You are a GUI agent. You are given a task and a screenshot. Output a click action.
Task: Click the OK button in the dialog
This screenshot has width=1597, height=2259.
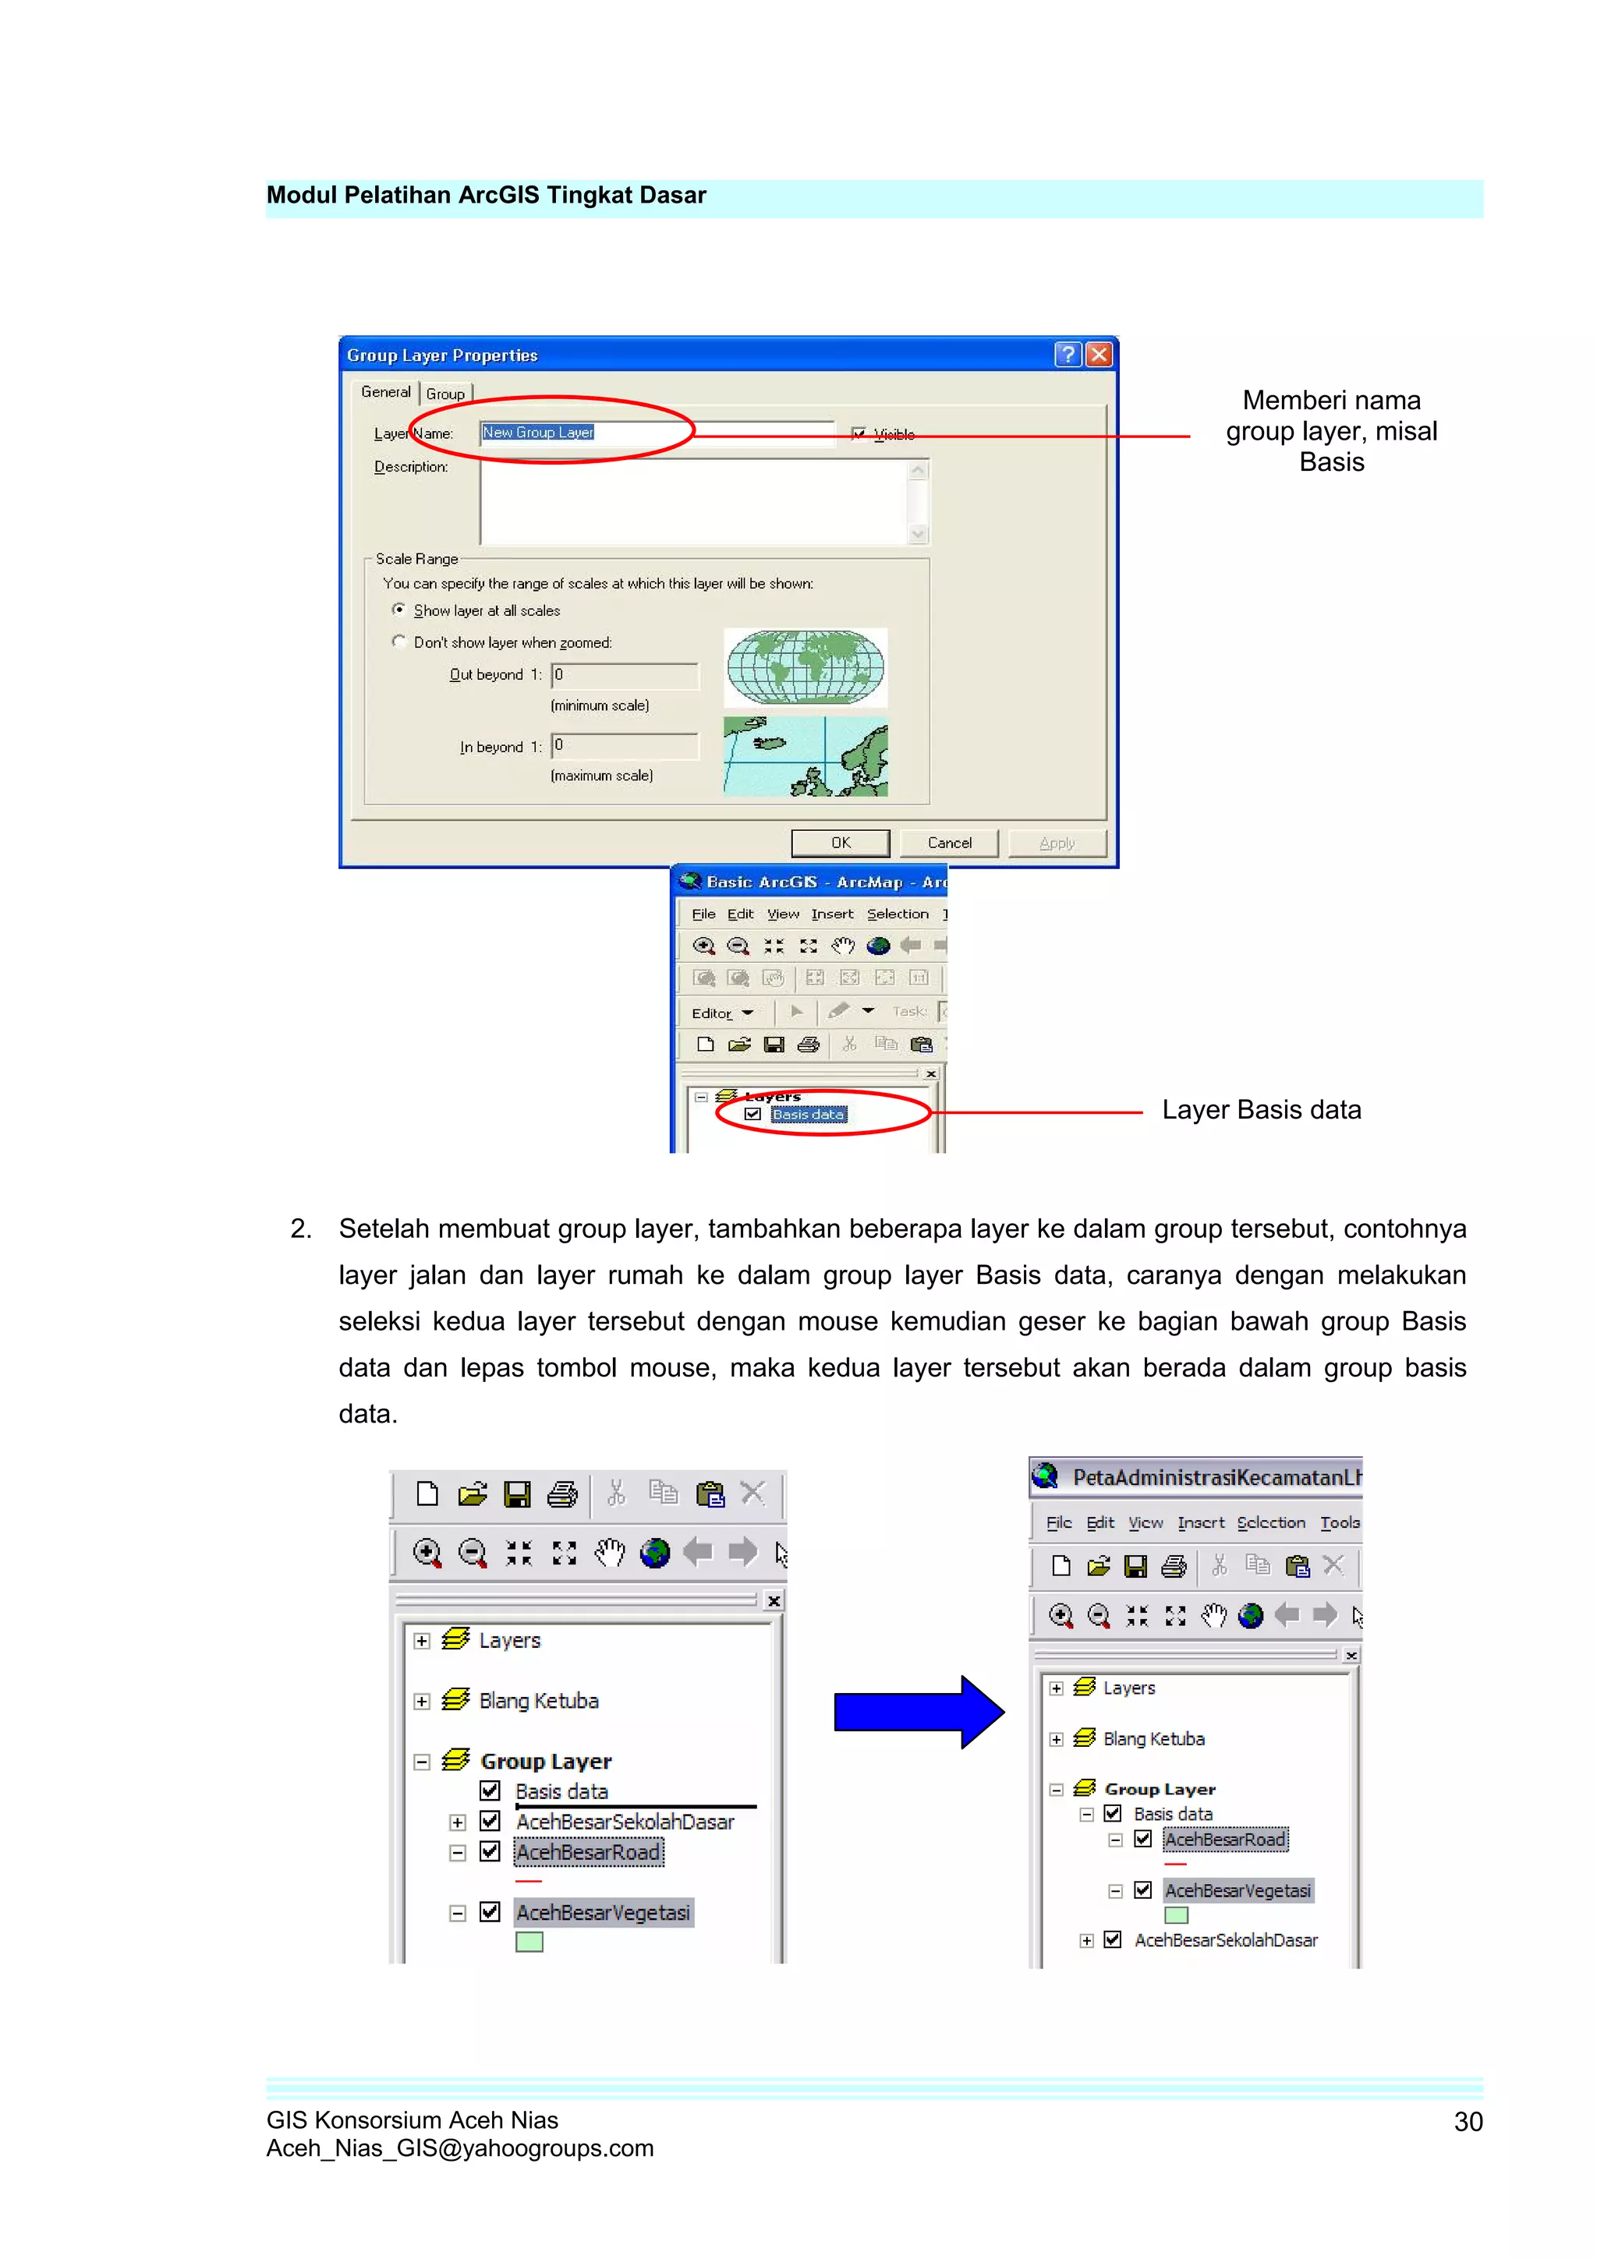[x=841, y=843]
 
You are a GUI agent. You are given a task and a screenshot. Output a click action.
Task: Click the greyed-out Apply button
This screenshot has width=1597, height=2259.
[x=1057, y=843]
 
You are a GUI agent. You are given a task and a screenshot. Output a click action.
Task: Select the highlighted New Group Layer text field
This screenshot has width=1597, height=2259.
[x=538, y=433]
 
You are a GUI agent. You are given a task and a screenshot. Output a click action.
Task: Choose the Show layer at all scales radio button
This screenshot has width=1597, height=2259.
[x=398, y=610]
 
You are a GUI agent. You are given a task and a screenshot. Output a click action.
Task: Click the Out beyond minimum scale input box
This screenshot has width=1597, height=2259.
[x=625, y=675]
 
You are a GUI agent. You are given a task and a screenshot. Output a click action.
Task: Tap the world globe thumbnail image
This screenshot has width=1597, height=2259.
[x=805, y=667]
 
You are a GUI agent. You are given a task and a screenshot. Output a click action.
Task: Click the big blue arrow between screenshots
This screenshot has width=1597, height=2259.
[x=917, y=1712]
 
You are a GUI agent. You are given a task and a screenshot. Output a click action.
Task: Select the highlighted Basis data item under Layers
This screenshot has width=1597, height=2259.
[x=809, y=1115]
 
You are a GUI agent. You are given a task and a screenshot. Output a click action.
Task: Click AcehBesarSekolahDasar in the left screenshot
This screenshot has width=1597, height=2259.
[x=625, y=1822]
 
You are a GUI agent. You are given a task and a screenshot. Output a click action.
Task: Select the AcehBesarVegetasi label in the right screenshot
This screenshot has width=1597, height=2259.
[x=1237, y=1890]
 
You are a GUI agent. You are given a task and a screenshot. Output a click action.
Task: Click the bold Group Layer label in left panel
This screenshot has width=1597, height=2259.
[x=546, y=1761]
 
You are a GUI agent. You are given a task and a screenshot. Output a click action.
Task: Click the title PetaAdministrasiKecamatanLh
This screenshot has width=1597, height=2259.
[x=1215, y=1477]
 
